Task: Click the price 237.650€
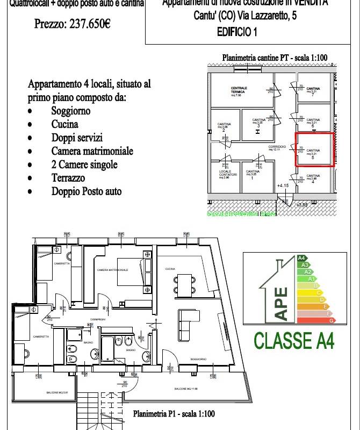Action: pos(72,24)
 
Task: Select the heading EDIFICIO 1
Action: pos(237,32)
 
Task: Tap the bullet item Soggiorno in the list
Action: pos(70,111)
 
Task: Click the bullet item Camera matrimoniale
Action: pos(92,151)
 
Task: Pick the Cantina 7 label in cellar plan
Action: pos(313,91)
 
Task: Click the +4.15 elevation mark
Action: pos(283,186)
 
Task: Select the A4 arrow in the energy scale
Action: pos(302,259)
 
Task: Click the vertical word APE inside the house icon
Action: pos(283,304)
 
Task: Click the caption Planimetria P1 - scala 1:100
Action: pos(174,414)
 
